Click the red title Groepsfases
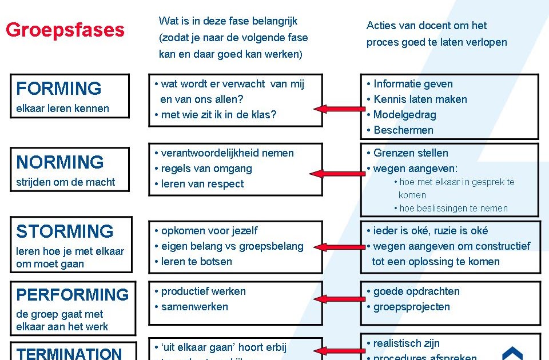click(65, 30)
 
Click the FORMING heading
click(58, 89)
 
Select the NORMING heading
click(59, 162)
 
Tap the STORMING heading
click(65, 231)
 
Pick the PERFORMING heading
click(73, 295)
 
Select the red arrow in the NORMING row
click(337, 173)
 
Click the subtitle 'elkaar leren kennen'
click(62, 109)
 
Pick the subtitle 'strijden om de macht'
click(65, 182)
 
